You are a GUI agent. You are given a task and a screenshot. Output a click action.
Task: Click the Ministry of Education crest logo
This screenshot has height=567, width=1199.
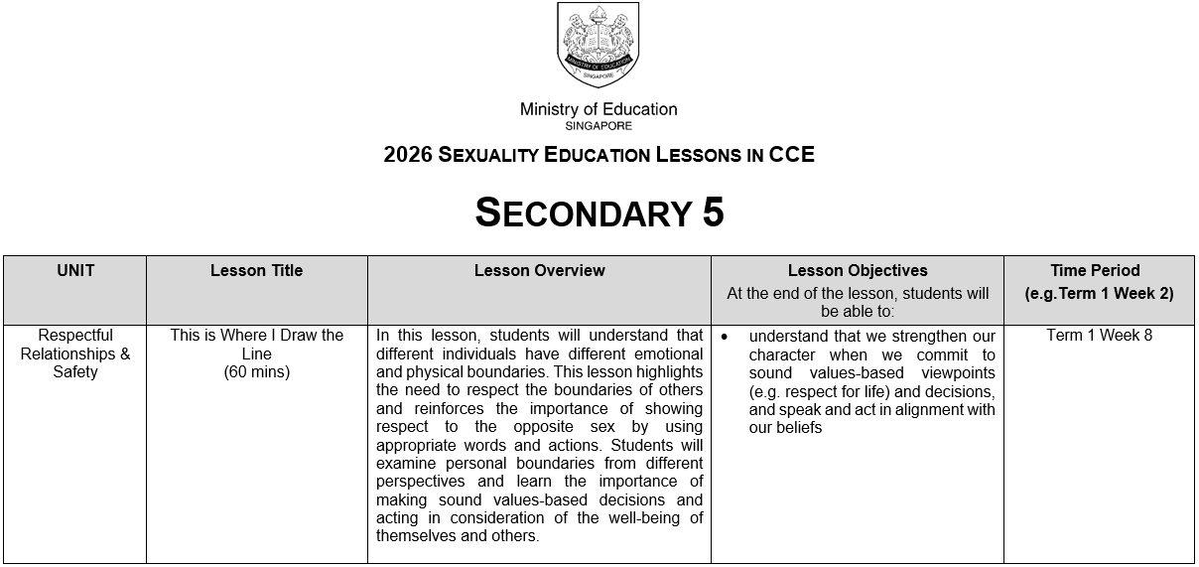[598, 45]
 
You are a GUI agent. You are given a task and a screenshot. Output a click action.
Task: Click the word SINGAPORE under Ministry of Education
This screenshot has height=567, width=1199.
[598, 126]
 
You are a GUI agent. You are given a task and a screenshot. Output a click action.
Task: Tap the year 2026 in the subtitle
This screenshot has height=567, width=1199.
[407, 155]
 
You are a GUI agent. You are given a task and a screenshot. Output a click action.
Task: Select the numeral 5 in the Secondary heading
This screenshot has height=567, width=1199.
[713, 213]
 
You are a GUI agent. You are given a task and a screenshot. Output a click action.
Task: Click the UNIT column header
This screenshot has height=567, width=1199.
[75, 270]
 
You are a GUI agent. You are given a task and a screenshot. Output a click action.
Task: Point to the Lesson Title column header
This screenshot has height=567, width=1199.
[256, 270]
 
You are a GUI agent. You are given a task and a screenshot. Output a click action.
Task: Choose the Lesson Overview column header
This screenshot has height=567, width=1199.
[539, 270]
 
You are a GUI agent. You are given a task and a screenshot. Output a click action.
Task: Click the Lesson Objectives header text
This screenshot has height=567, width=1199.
[858, 270]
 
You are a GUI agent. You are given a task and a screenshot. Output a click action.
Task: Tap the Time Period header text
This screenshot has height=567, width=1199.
[1095, 270]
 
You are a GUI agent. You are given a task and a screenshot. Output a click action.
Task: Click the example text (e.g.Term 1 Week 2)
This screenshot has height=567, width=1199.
[1099, 294]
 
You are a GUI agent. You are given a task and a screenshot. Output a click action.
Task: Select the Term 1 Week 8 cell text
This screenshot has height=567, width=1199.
[1099, 336]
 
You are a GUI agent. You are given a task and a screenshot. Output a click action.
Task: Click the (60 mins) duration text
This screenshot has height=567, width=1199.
[256, 372]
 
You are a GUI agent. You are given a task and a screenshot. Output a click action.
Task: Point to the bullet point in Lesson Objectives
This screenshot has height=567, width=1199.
[725, 337]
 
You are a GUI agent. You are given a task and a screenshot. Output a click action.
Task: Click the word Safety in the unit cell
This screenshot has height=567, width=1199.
[75, 372]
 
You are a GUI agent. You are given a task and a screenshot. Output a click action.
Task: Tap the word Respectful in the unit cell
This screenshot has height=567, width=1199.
[75, 336]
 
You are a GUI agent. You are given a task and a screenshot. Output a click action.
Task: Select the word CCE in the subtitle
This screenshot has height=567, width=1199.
[791, 155]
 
